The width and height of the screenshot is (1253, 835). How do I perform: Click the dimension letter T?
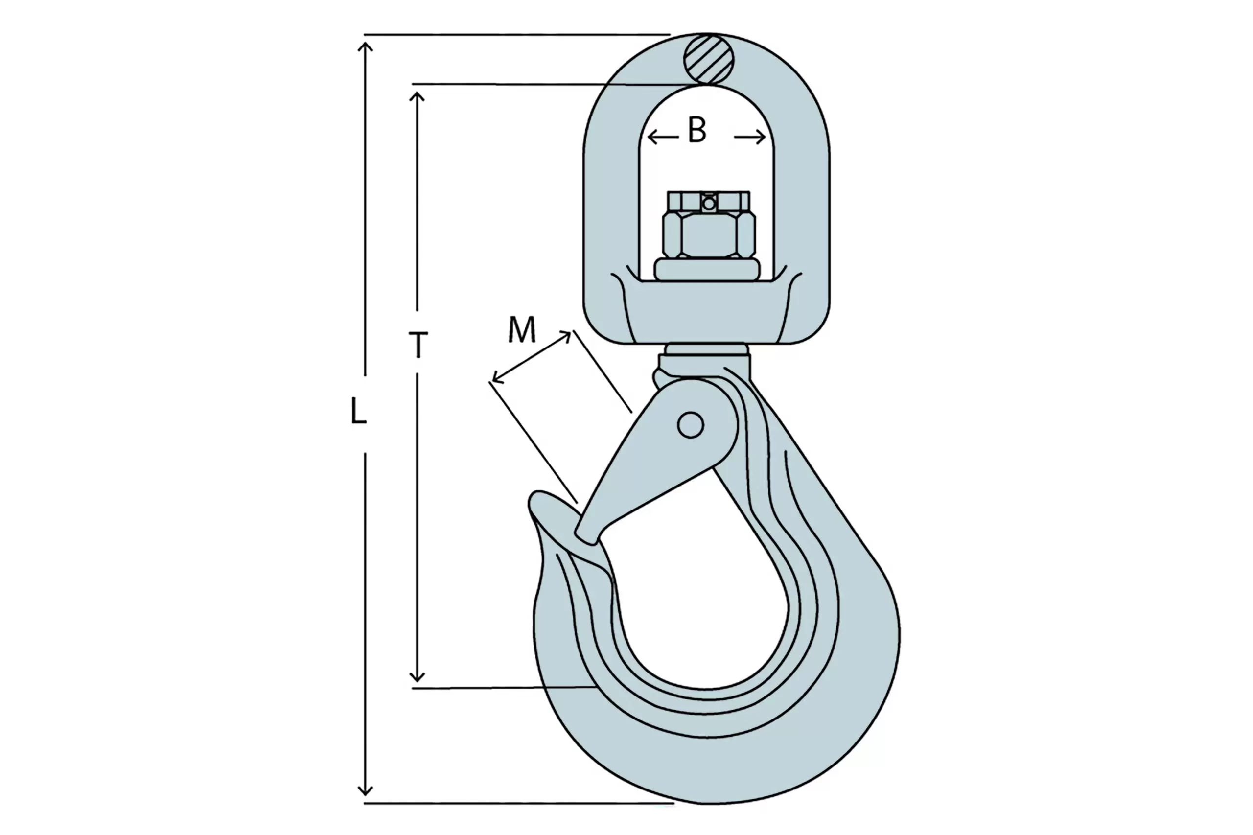pos(418,345)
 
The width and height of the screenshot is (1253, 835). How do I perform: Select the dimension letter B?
pos(696,129)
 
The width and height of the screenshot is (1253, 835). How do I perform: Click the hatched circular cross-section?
pos(709,59)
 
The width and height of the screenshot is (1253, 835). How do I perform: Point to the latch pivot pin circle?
pos(691,425)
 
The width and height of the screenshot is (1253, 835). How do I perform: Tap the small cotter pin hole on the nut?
pos(709,204)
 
